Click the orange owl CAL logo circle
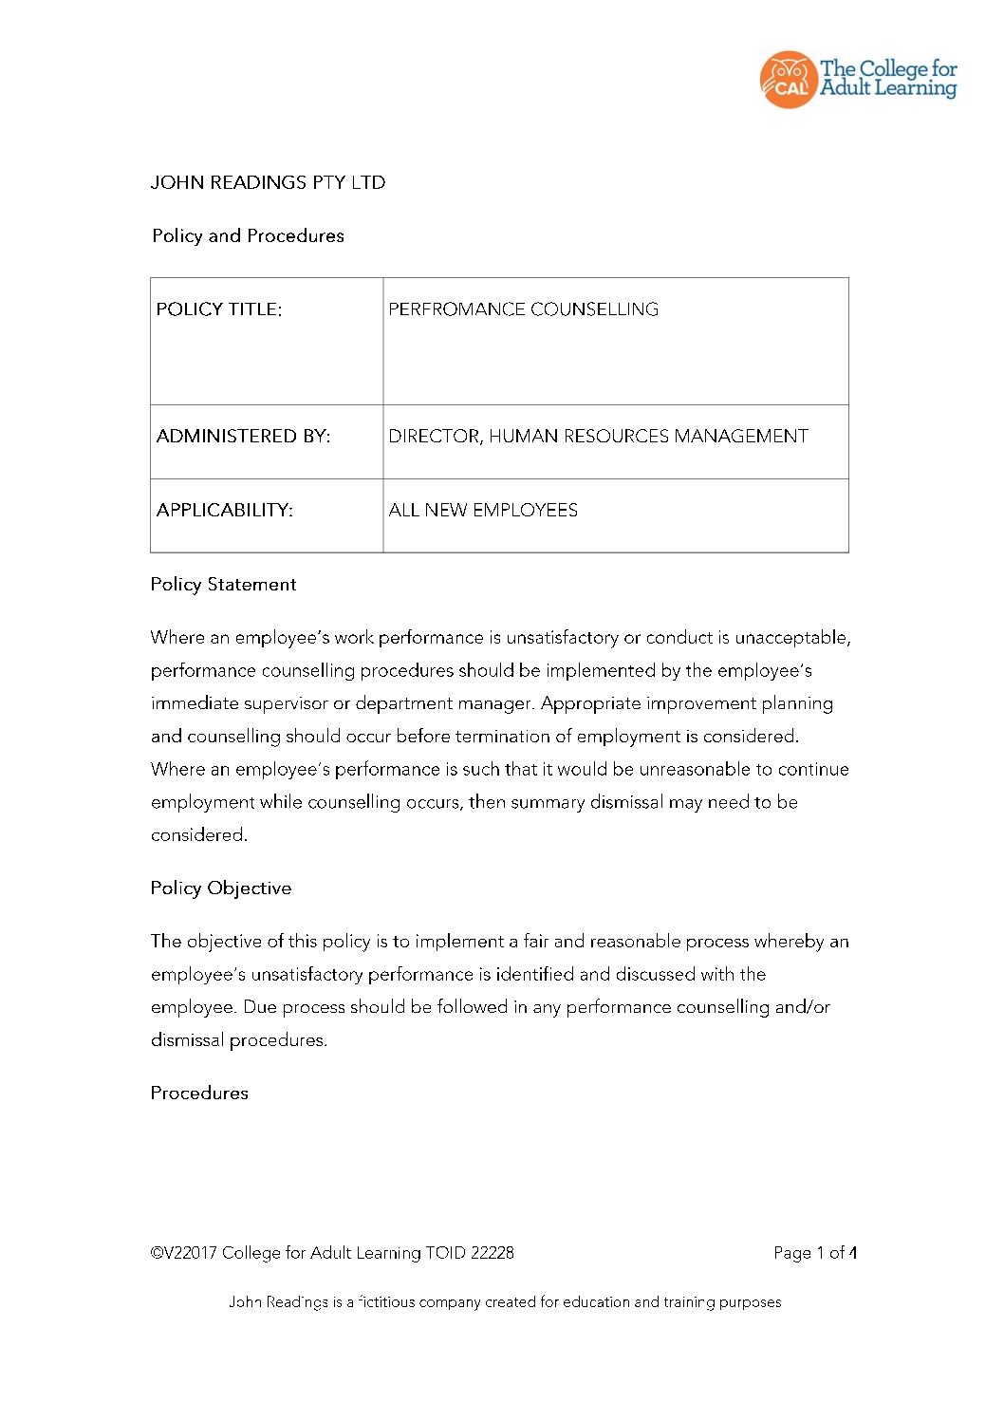[788, 80]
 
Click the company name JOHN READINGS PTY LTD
[268, 182]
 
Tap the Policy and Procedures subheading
[248, 235]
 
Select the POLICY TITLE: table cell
[219, 309]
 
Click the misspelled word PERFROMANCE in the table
[456, 309]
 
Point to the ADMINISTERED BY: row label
[243, 437]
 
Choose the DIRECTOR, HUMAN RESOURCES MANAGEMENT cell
[598, 437]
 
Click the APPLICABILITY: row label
[225, 511]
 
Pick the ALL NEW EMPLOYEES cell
[483, 511]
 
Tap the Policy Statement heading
[223, 585]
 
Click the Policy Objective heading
[220, 888]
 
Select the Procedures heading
[199, 1094]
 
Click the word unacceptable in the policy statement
[791, 638]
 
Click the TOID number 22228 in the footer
[493, 1253]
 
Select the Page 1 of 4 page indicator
[815, 1253]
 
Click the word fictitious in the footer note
[387, 1302]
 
